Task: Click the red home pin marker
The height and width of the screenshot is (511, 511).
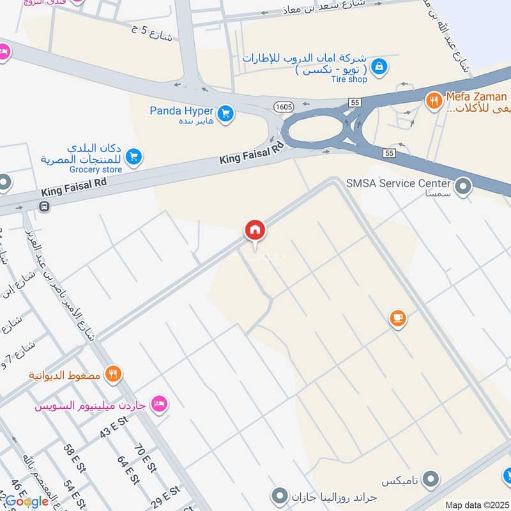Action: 255,231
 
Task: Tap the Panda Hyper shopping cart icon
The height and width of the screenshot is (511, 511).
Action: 225,114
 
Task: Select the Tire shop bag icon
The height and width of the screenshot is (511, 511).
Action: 379,66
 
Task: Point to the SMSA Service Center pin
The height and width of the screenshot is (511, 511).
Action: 464,187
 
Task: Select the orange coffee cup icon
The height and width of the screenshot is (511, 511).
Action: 398,317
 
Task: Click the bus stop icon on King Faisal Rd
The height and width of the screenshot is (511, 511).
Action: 44,206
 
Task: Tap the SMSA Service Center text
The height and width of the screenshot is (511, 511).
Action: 399,183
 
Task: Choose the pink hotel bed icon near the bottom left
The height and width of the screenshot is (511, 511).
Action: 159,404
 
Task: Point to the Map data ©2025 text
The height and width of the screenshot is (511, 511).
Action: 476,505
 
